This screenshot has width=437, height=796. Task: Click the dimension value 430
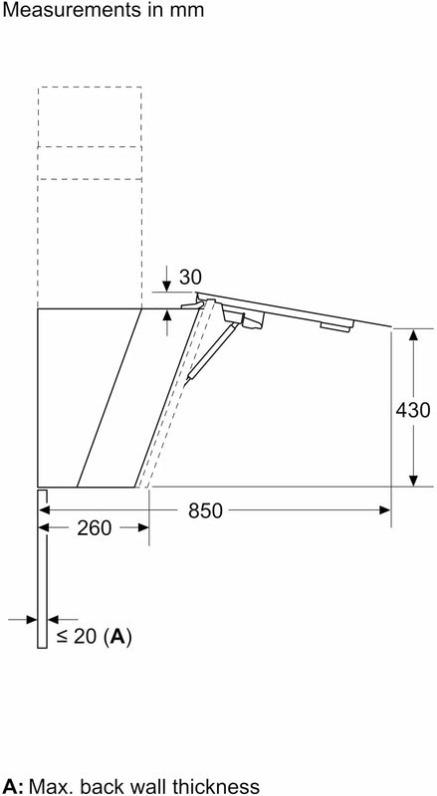[412, 409]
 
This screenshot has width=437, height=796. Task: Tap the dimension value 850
[204, 511]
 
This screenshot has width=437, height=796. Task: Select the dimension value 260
[94, 529]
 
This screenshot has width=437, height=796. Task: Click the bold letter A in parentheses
[118, 636]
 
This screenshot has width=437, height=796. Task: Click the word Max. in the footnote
[49, 786]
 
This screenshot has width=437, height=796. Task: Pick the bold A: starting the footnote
[13, 786]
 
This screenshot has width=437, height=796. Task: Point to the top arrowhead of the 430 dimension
[412, 333]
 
